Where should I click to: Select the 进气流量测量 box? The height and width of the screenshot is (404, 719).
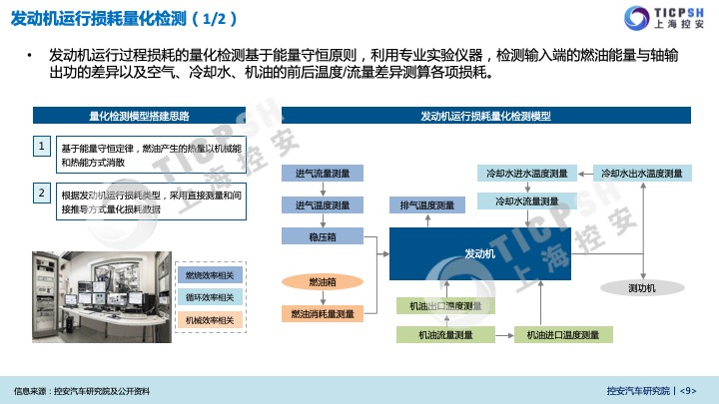click(x=322, y=174)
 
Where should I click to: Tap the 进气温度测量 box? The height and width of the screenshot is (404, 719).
click(x=322, y=205)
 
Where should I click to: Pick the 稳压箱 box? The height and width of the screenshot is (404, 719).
click(x=322, y=236)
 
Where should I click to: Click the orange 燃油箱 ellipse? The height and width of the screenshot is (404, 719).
click(x=322, y=282)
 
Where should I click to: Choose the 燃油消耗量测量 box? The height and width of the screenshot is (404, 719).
click(x=322, y=314)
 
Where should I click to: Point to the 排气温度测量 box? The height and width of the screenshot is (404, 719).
click(x=426, y=205)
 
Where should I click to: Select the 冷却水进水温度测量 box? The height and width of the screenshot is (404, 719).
click(x=526, y=173)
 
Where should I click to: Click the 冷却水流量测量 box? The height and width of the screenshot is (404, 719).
click(x=526, y=202)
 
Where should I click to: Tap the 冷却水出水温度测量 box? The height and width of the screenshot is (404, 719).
click(x=641, y=173)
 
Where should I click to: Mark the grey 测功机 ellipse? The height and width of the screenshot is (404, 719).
click(x=641, y=288)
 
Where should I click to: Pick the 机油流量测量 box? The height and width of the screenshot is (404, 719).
click(x=445, y=335)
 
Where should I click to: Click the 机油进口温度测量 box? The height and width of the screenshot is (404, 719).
click(x=562, y=335)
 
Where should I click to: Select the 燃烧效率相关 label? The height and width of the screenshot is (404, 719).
click(x=210, y=274)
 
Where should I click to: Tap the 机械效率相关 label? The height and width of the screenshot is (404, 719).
click(x=210, y=320)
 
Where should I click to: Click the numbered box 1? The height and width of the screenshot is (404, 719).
click(x=42, y=147)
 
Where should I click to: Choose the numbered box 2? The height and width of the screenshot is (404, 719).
click(x=42, y=192)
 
